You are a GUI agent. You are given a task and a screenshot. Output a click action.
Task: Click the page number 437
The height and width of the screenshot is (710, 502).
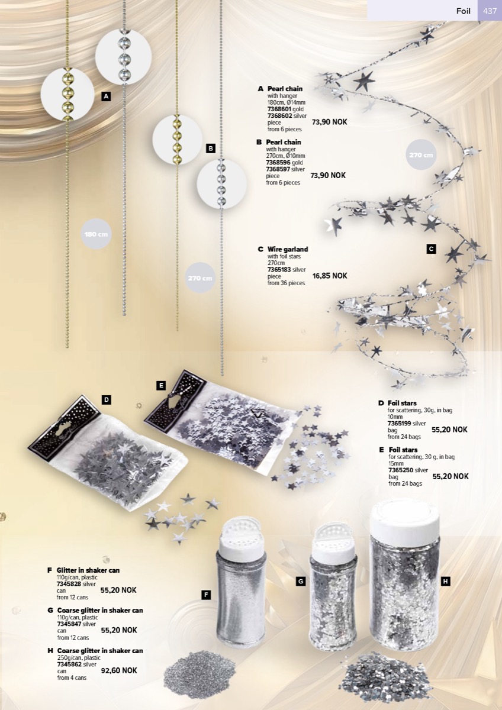click(490, 11)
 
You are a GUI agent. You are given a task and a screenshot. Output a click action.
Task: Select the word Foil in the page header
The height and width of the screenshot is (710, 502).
click(463, 11)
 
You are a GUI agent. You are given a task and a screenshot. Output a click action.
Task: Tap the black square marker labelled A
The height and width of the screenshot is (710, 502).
click(106, 96)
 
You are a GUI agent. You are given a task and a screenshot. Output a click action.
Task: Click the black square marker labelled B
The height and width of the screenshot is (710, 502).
click(211, 148)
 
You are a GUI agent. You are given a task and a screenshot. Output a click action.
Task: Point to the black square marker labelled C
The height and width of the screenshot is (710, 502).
click(431, 249)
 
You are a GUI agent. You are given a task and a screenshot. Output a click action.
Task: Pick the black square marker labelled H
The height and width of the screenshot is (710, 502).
click(446, 581)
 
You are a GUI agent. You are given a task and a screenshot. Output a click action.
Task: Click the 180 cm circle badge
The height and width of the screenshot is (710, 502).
click(96, 234)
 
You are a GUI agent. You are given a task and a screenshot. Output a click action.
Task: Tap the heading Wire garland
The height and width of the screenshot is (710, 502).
click(288, 249)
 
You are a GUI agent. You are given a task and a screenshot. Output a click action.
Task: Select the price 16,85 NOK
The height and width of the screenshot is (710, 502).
click(330, 276)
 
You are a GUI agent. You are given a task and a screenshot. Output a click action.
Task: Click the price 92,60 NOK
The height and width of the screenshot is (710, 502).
click(119, 670)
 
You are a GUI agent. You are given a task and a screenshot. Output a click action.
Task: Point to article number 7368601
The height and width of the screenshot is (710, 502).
click(279, 109)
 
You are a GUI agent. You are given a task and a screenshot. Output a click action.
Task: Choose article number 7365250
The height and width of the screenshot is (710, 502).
click(401, 470)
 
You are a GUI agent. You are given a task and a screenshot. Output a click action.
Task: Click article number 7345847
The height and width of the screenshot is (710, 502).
click(69, 624)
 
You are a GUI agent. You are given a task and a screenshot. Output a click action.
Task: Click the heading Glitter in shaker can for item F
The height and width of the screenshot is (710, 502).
click(88, 570)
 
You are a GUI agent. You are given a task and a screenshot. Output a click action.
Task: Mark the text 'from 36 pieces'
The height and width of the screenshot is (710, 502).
click(286, 283)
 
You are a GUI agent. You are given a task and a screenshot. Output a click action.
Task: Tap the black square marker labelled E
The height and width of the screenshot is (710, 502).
click(161, 385)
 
